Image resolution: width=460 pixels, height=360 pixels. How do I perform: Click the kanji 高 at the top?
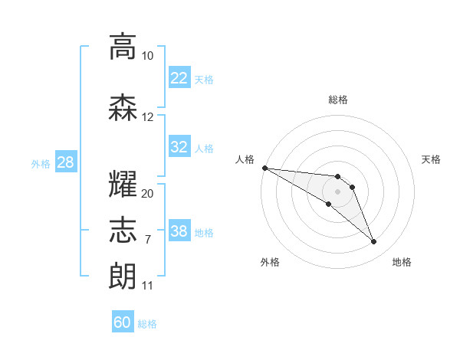123,47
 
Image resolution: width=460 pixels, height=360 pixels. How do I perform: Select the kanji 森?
123,108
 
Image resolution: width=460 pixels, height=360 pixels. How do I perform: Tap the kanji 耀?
123,184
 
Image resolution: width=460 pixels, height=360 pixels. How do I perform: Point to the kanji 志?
123,230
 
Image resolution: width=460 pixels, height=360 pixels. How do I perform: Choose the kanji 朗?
123,277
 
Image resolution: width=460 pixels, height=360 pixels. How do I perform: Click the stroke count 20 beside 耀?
147,194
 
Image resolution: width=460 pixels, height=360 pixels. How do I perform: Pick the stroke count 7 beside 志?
148,240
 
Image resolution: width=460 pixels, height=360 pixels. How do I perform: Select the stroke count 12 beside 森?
147,117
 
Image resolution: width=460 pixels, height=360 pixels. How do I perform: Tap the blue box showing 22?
179,77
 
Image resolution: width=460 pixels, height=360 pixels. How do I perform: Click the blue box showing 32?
179,146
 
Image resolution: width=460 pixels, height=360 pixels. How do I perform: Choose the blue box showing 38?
179,230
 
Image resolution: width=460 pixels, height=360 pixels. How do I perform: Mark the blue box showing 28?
66,162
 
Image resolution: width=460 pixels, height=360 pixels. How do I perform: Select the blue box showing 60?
123,321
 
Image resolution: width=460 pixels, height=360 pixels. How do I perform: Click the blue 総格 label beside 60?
147,324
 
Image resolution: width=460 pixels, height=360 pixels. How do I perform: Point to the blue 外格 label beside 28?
41,164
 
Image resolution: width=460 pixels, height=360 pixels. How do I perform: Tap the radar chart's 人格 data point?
265,168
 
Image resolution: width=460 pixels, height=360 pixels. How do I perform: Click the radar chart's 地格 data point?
373,241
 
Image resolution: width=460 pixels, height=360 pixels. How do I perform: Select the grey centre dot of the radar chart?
337,191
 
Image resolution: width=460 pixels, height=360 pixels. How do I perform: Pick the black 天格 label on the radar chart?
431,159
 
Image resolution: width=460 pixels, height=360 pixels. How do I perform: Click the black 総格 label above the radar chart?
338,100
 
